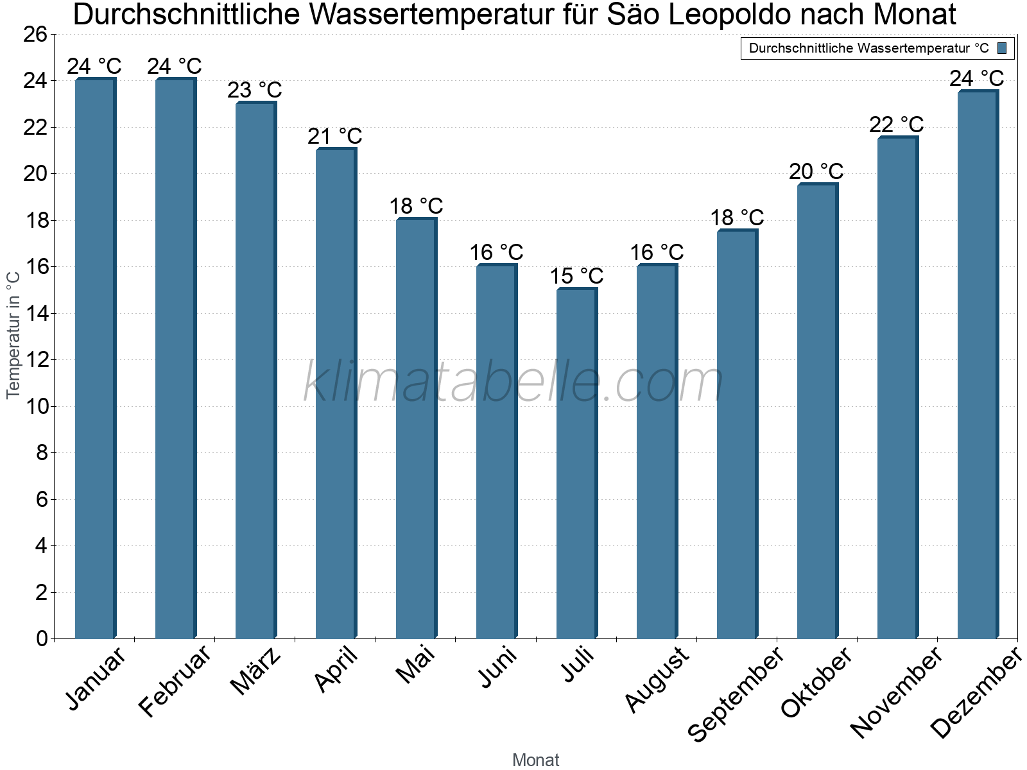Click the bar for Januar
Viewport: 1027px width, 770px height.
95,359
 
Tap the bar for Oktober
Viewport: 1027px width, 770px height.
817,411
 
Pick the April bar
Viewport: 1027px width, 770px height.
336,393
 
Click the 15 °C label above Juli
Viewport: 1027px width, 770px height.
576,277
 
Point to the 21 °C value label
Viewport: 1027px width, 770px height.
335,137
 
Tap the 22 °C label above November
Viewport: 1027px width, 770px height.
897,124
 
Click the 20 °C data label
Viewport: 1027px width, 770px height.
816,171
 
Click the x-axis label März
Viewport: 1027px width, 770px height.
255,671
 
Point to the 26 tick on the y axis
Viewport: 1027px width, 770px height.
35,35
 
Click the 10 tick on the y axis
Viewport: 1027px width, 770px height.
35,407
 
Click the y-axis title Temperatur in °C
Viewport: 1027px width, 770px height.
13,335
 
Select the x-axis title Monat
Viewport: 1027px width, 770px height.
536,760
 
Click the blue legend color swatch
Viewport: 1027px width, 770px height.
1002,48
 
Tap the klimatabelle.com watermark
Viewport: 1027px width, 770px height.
513,382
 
